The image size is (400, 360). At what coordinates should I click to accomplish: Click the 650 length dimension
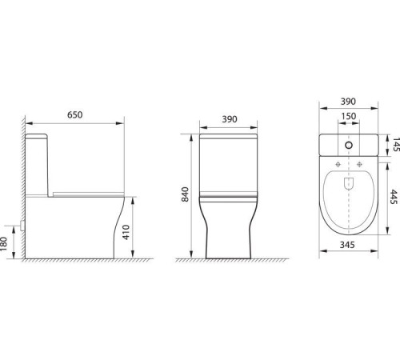point(75,114)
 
